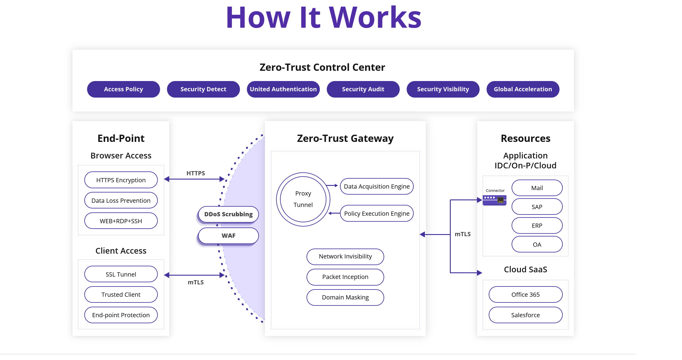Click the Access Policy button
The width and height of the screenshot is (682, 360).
(x=123, y=89)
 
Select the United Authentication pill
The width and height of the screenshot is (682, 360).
(x=283, y=89)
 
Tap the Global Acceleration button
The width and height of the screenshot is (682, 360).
(x=523, y=89)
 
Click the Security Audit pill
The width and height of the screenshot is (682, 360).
(x=363, y=89)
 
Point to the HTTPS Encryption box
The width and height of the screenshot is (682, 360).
(x=121, y=180)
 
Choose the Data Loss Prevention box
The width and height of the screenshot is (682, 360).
(x=121, y=200)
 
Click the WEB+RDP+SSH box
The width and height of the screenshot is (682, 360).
(x=121, y=221)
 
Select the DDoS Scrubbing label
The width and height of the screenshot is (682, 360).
(x=228, y=214)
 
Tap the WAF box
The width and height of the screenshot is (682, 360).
(x=228, y=236)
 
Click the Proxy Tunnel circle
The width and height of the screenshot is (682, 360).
(x=303, y=199)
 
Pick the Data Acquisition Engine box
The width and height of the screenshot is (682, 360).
(x=376, y=186)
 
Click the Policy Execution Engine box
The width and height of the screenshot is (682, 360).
(x=376, y=213)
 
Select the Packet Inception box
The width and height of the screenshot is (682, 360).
(x=345, y=277)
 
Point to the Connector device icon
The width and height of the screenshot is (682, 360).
(x=494, y=200)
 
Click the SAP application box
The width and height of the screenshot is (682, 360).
(x=537, y=207)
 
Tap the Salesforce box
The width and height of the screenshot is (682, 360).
(x=525, y=315)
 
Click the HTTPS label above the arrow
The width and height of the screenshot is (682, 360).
(x=195, y=173)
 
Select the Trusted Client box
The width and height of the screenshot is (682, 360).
(x=121, y=294)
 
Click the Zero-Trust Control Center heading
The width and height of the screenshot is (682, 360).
(x=322, y=67)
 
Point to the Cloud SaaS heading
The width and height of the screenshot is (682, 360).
(x=525, y=269)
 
